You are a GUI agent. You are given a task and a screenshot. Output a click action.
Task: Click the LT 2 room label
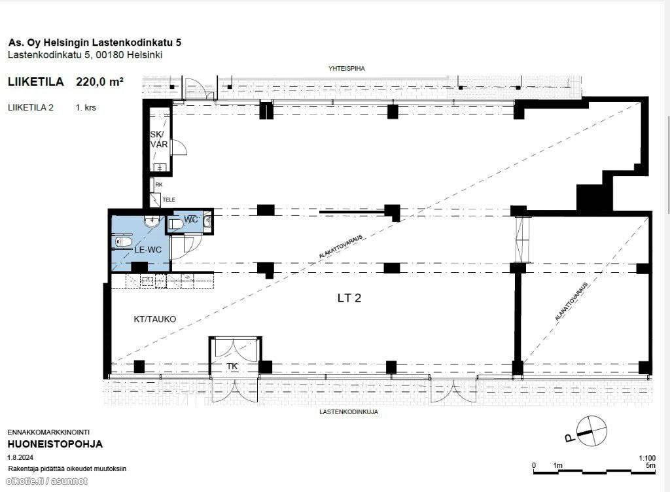click(x=349, y=298)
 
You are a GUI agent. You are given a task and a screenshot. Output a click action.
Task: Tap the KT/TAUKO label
click(x=154, y=319)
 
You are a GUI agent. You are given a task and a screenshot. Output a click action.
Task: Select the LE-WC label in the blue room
click(x=148, y=249)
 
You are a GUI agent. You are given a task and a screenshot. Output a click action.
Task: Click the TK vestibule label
click(x=232, y=366)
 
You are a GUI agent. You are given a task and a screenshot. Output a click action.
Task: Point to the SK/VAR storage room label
click(x=158, y=139)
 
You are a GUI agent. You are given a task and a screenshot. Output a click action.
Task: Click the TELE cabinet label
click(x=169, y=200)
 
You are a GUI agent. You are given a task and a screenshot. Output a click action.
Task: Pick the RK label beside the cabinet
click(x=159, y=184)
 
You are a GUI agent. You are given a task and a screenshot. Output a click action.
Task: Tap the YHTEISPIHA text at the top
click(x=347, y=68)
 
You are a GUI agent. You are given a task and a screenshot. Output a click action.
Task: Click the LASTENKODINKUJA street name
click(x=349, y=412)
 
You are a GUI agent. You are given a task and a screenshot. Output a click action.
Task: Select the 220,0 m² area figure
click(x=100, y=82)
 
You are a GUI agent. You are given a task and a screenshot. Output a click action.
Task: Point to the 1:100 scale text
click(x=647, y=458)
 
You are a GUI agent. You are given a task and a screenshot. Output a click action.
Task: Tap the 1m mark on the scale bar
click(x=557, y=466)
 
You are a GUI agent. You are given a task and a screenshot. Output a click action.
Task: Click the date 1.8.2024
click(x=20, y=457)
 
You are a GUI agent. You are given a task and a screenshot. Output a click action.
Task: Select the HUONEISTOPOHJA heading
click(x=55, y=444)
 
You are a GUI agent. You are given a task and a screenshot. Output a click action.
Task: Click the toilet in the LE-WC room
click(x=123, y=241)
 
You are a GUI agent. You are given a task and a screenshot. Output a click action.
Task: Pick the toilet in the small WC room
click(x=175, y=224)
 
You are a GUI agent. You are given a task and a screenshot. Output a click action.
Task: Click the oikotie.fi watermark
click(x=47, y=481)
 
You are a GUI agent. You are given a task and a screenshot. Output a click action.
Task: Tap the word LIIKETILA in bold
click(x=36, y=82)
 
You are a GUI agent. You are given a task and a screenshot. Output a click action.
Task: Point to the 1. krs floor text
click(x=86, y=107)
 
